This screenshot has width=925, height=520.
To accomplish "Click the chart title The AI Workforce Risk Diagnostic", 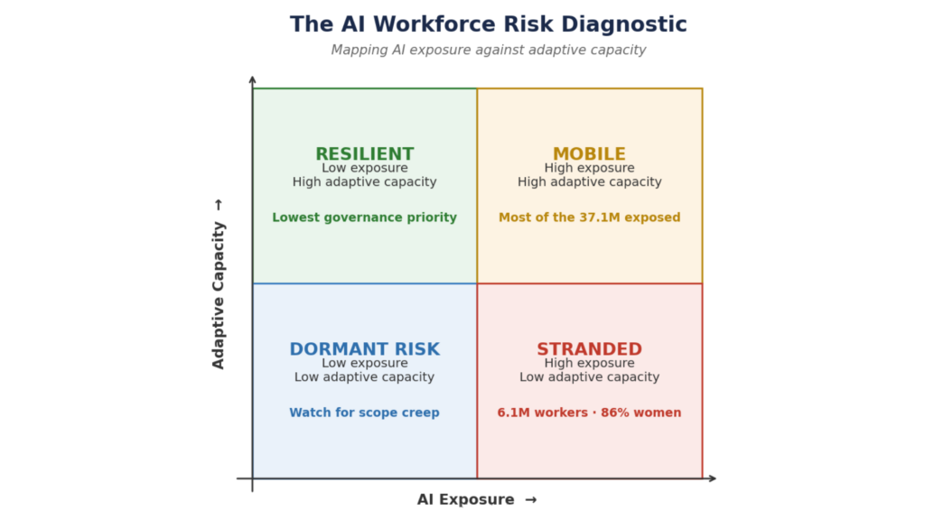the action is click(x=489, y=24).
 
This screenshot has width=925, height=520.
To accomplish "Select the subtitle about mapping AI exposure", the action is click(x=489, y=51).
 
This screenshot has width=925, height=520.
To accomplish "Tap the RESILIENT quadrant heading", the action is click(x=365, y=153).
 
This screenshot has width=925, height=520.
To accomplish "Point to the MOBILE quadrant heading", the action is click(x=589, y=153).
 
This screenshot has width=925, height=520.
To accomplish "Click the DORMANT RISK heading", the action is click(x=365, y=349).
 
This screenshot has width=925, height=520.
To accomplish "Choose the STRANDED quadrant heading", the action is click(x=589, y=349).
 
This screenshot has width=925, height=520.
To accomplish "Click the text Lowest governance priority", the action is click(x=365, y=218).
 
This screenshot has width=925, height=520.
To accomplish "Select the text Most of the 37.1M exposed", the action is click(x=589, y=218).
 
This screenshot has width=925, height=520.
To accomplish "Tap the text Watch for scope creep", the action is click(x=365, y=413).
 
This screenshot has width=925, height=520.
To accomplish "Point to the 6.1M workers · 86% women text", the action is click(x=589, y=413).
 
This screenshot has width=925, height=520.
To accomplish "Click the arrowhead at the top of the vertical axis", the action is click(x=253, y=79).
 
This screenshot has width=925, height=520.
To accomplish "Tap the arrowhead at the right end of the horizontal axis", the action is click(x=713, y=478).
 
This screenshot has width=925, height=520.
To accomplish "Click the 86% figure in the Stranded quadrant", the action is click(x=614, y=413).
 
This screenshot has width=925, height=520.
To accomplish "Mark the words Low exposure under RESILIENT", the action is click(x=365, y=168).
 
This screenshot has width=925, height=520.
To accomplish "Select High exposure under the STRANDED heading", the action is click(x=589, y=363).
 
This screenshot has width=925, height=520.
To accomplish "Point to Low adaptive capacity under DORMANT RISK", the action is click(x=365, y=377).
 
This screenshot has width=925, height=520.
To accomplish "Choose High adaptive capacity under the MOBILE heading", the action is click(x=589, y=182).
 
